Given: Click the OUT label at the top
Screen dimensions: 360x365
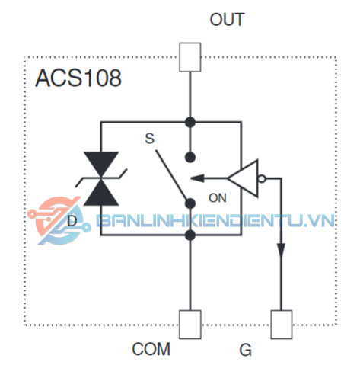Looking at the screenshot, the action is pyautogui.click(x=227, y=20).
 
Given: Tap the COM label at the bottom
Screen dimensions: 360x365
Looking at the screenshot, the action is pyautogui.click(x=151, y=349).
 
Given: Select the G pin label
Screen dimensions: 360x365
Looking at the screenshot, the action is pyautogui.click(x=245, y=350).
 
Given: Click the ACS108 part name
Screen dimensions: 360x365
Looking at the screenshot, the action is pyautogui.click(x=78, y=78).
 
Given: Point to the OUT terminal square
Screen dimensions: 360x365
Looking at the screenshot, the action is pyautogui.click(x=190, y=57).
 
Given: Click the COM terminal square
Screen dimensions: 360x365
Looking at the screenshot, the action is pyautogui.click(x=190, y=325).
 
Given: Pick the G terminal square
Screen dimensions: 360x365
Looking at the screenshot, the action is pyautogui.click(x=282, y=325).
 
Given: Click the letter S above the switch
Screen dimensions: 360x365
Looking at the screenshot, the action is pyautogui.click(x=149, y=139).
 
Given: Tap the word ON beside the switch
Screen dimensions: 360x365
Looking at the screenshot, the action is pyautogui.click(x=218, y=198).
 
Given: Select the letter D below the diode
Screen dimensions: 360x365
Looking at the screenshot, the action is pyautogui.click(x=72, y=221).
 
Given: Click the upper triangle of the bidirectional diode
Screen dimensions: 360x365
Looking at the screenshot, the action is pyautogui.click(x=101, y=164).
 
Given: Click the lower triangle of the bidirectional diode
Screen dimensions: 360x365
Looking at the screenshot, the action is pyautogui.click(x=101, y=193).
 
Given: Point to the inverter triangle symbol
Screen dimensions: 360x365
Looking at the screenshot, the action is pyautogui.click(x=243, y=178).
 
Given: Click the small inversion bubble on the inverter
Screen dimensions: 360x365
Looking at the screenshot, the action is pyautogui.click(x=262, y=178).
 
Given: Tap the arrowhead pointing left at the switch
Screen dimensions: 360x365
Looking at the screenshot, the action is pyautogui.click(x=197, y=178).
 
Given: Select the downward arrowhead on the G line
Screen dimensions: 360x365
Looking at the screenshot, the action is pyautogui.click(x=281, y=251).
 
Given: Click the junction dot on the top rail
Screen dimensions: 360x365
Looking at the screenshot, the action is pyautogui.click(x=190, y=122).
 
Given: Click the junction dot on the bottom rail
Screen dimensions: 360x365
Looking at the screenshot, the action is pyautogui.click(x=190, y=235).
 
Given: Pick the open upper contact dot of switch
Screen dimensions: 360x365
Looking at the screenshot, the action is pyautogui.click(x=190, y=157).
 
